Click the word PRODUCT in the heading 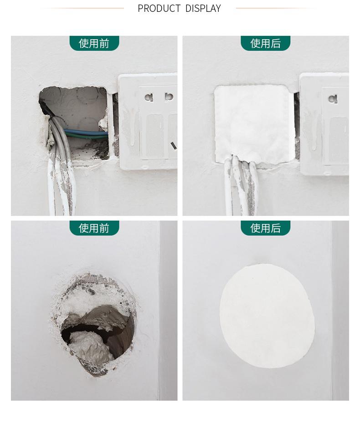tap(159, 8)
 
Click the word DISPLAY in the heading tap(203, 8)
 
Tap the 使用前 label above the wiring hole tap(94, 43)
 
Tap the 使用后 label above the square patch tap(266, 43)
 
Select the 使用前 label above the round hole tap(94, 228)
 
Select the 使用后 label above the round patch tap(266, 228)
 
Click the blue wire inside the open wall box tap(85, 133)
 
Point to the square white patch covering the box tap(251, 124)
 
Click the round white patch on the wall tap(267, 316)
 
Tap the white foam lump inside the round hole tap(88, 346)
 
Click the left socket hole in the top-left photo tap(149, 97)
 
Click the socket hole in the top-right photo tap(333, 99)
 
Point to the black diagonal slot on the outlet tap(174, 146)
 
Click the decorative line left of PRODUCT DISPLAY tap(82, 8)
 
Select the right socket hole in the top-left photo tap(169, 97)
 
